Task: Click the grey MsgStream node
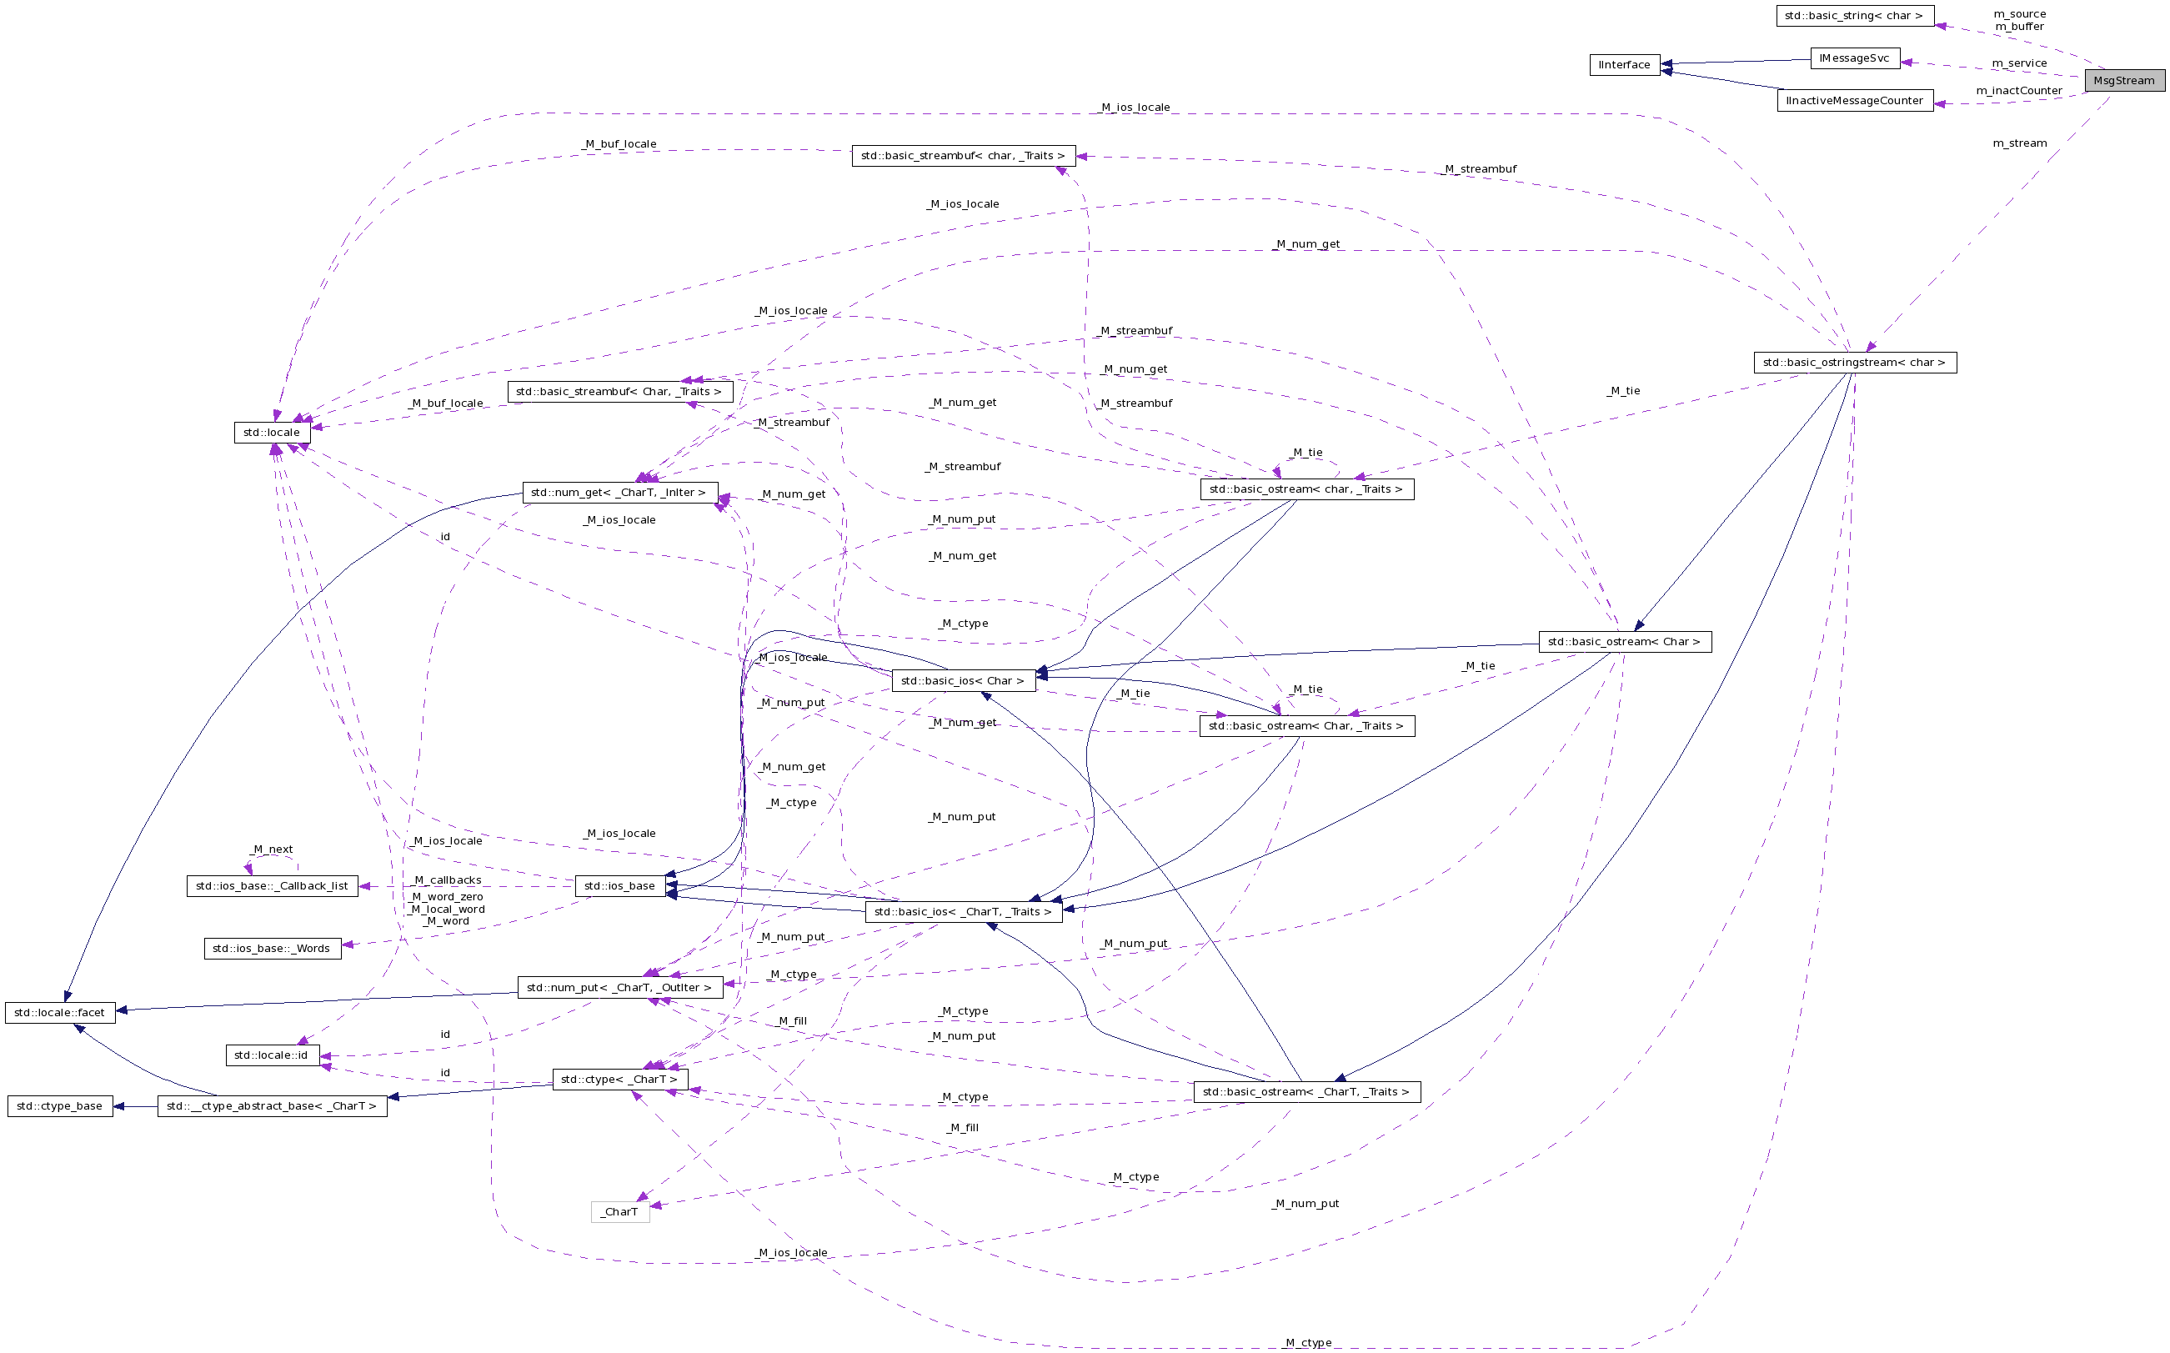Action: [2123, 81]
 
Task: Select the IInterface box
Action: [1624, 64]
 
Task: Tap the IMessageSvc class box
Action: [1854, 58]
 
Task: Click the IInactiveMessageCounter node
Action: [1854, 101]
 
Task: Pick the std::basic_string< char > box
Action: [1854, 15]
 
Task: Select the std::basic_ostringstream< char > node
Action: [1854, 363]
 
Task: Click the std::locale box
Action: [272, 432]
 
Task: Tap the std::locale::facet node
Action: [60, 1012]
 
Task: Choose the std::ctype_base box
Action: [60, 1106]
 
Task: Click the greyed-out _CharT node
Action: [620, 1211]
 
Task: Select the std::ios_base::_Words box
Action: [272, 949]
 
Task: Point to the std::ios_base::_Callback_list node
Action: [272, 886]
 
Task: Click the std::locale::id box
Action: [272, 1055]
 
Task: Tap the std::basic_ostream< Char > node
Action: [1624, 642]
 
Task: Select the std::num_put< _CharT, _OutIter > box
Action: [619, 987]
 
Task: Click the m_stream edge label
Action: [2019, 143]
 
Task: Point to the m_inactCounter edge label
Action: [2019, 90]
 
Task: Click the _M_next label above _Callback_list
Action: [272, 849]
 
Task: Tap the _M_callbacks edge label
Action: [448, 879]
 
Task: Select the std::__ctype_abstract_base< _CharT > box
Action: [272, 1106]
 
